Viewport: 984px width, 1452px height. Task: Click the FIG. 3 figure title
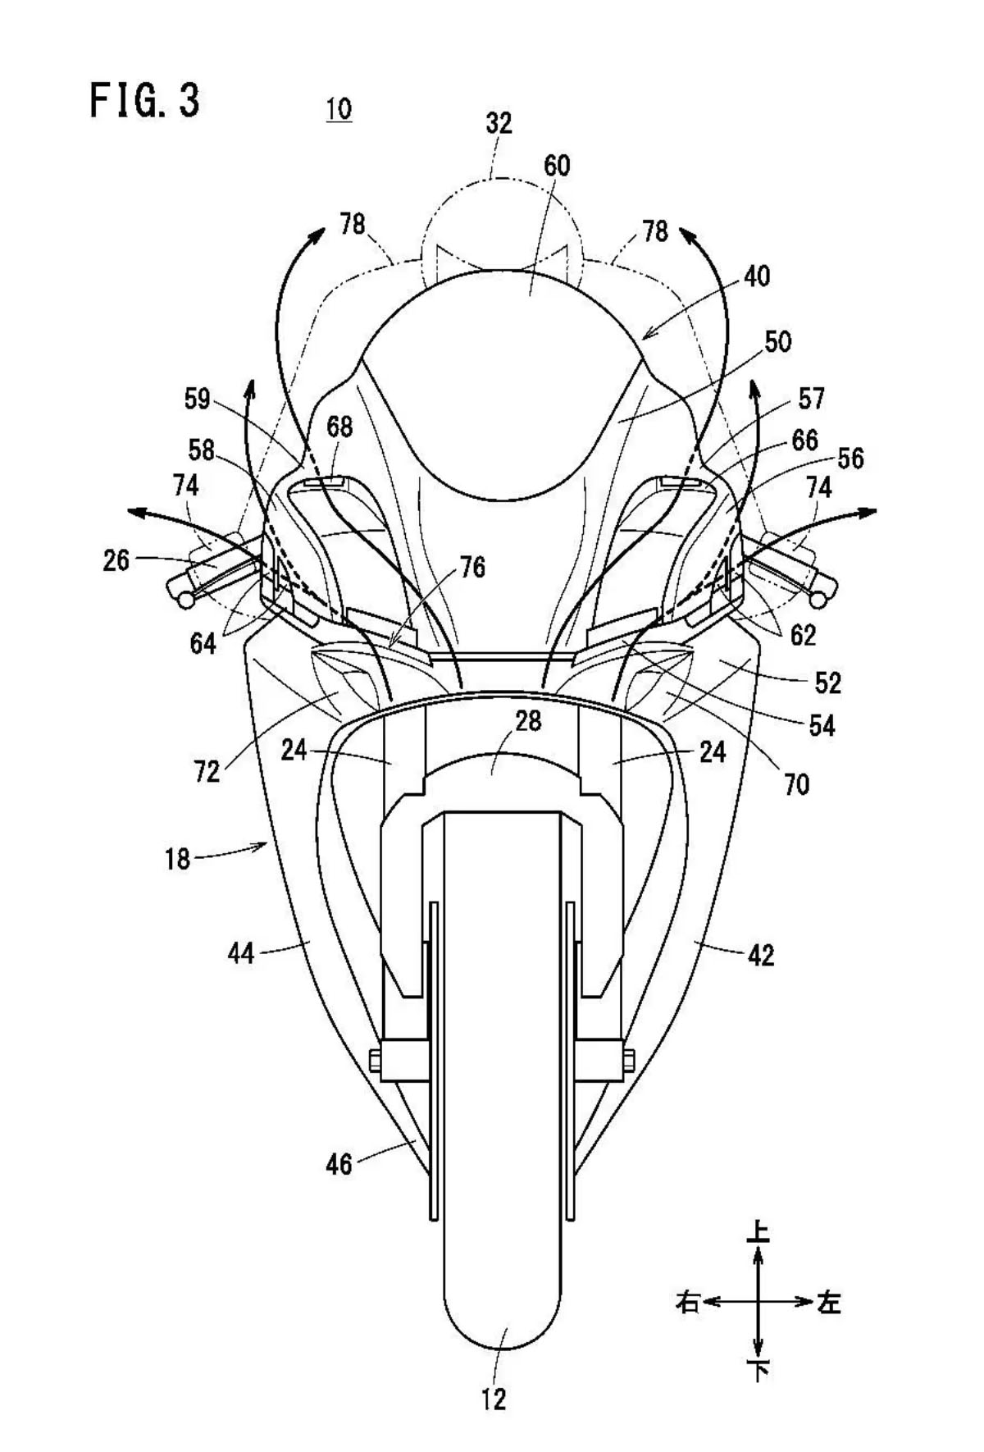pyautogui.click(x=144, y=100)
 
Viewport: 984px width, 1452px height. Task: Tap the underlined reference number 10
pyautogui.click(x=339, y=109)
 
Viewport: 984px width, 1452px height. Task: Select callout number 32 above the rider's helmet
pyautogui.click(x=499, y=123)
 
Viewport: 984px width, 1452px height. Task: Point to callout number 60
pyautogui.click(x=557, y=166)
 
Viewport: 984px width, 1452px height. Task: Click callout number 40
pyautogui.click(x=757, y=276)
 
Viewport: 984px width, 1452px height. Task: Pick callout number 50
pyautogui.click(x=777, y=341)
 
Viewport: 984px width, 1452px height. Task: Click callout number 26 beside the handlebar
pyautogui.click(x=116, y=560)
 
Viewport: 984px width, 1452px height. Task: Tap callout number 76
pyautogui.click(x=472, y=567)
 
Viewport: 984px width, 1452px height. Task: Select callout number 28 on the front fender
pyautogui.click(x=528, y=720)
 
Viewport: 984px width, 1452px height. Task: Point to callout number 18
pyautogui.click(x=177, y=859)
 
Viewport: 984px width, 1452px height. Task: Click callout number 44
pyautogui.click(x=241, y=953)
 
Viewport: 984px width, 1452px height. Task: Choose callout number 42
pyautogui.click(x=761, y=955)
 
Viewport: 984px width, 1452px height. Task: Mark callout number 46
pyautogui.click(x=339, y=1164)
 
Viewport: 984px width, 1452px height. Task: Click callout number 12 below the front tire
pyautogui.click(x=494, y=1399)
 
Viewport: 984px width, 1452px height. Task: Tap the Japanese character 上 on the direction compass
pyautogui.click(x=758, y=1231)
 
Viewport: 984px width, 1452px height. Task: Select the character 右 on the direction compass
pyautogui.click(x=687, y=1302)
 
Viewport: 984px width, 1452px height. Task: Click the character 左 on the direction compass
pyautogui.click(x=829, y=1302)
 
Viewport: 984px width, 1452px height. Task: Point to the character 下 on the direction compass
pyautogui.click(x=758, y=1369)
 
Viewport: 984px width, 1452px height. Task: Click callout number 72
pyautogui.click(x=207, y=771)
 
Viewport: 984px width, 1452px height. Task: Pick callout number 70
pyautogui.click(x=796, y=784)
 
